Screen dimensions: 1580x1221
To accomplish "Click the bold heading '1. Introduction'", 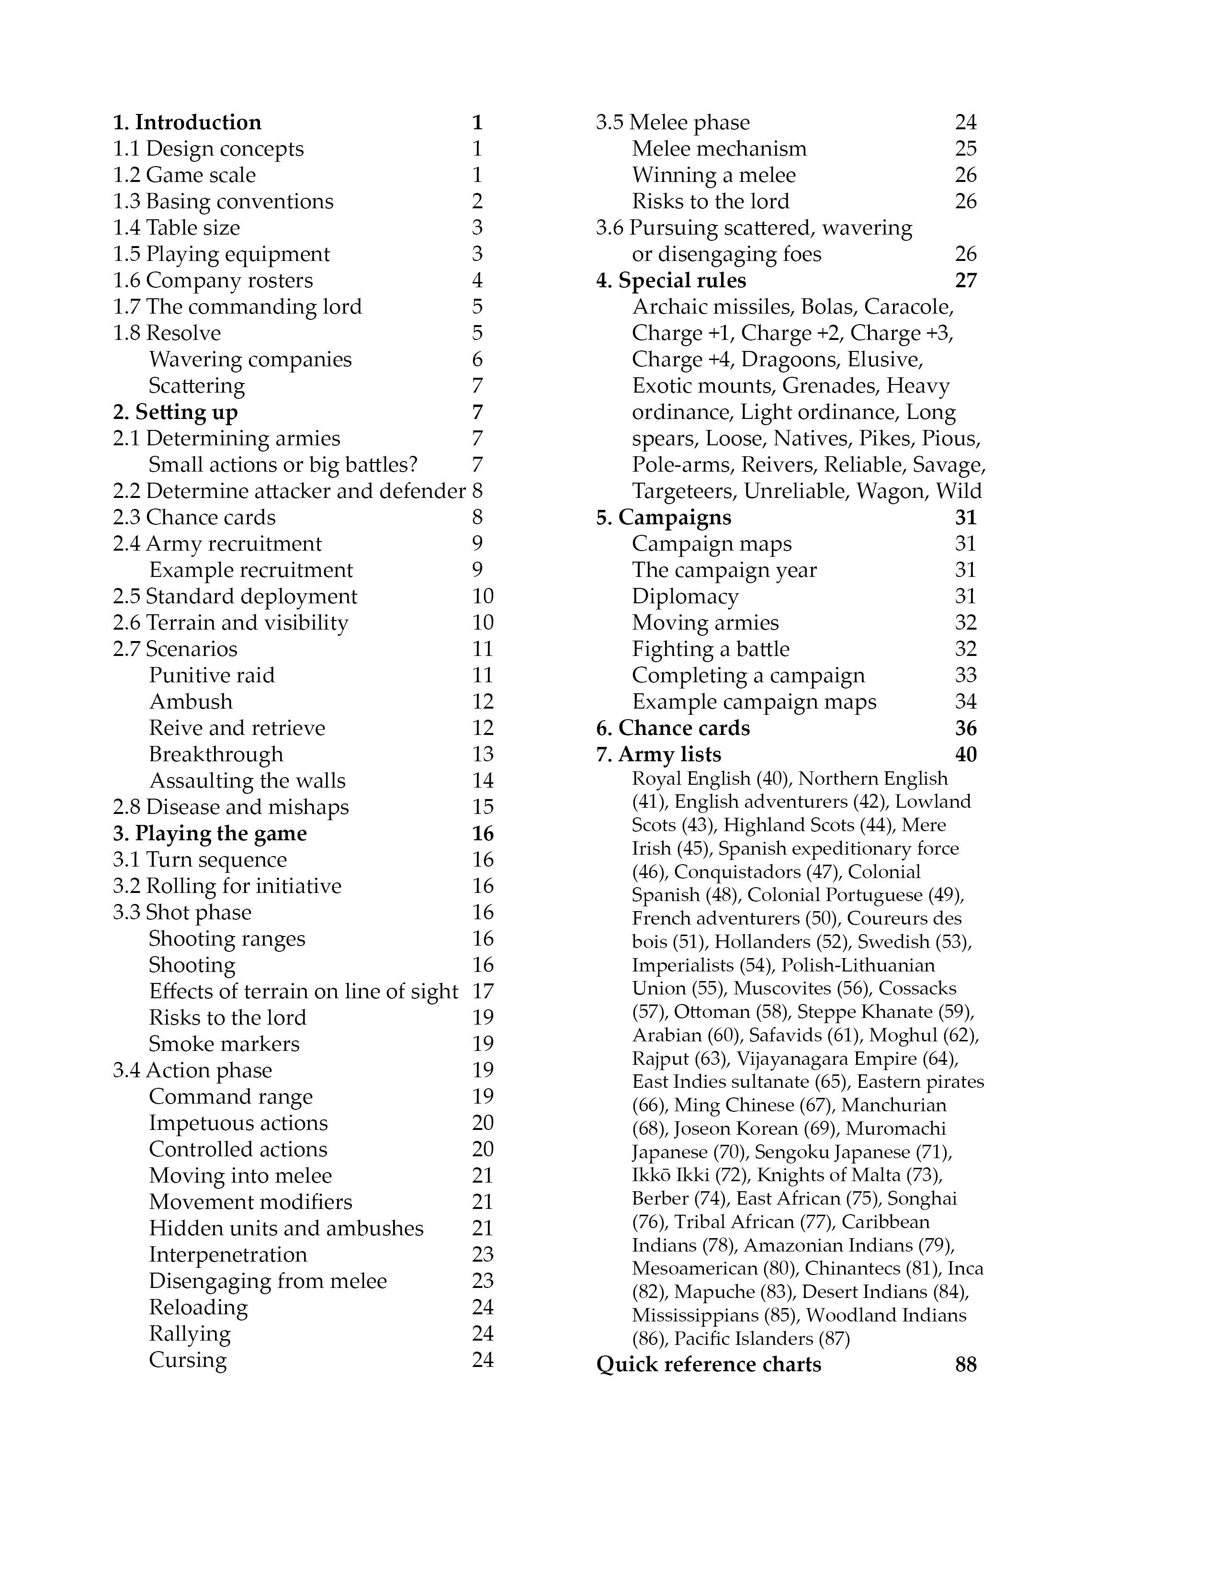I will pyautogui.click(x=187, y=122).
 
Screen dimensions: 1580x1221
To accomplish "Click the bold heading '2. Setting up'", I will pyautogui.click(x=175, y=412).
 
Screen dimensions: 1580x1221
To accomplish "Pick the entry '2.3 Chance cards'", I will pyautogui.click(x=194, y=517).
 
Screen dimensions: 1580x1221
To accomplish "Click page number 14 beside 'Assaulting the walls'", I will pyautogui.click(x=483, y=780).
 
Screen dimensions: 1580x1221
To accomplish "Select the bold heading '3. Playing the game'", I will pyautogui.click(x=210, y=834).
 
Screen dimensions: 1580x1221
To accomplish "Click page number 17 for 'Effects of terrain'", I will pyautogui.click(x=483, y=991).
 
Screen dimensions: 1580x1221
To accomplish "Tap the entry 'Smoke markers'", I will pyautogui.click(x=224, y=1044).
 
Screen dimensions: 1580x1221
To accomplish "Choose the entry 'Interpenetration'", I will pyautogui.click(x=228, y=1254).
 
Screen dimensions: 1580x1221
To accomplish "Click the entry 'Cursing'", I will pyautogui.click(x=187, y=1360).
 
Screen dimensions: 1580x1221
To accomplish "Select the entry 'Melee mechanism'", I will pyautogui.click(x=719, y=149).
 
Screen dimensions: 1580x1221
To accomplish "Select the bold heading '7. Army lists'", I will pyautogui.click(x=658, y=755).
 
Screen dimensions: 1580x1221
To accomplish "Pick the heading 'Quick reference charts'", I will pyautogui.click(x=708, y=1365).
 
